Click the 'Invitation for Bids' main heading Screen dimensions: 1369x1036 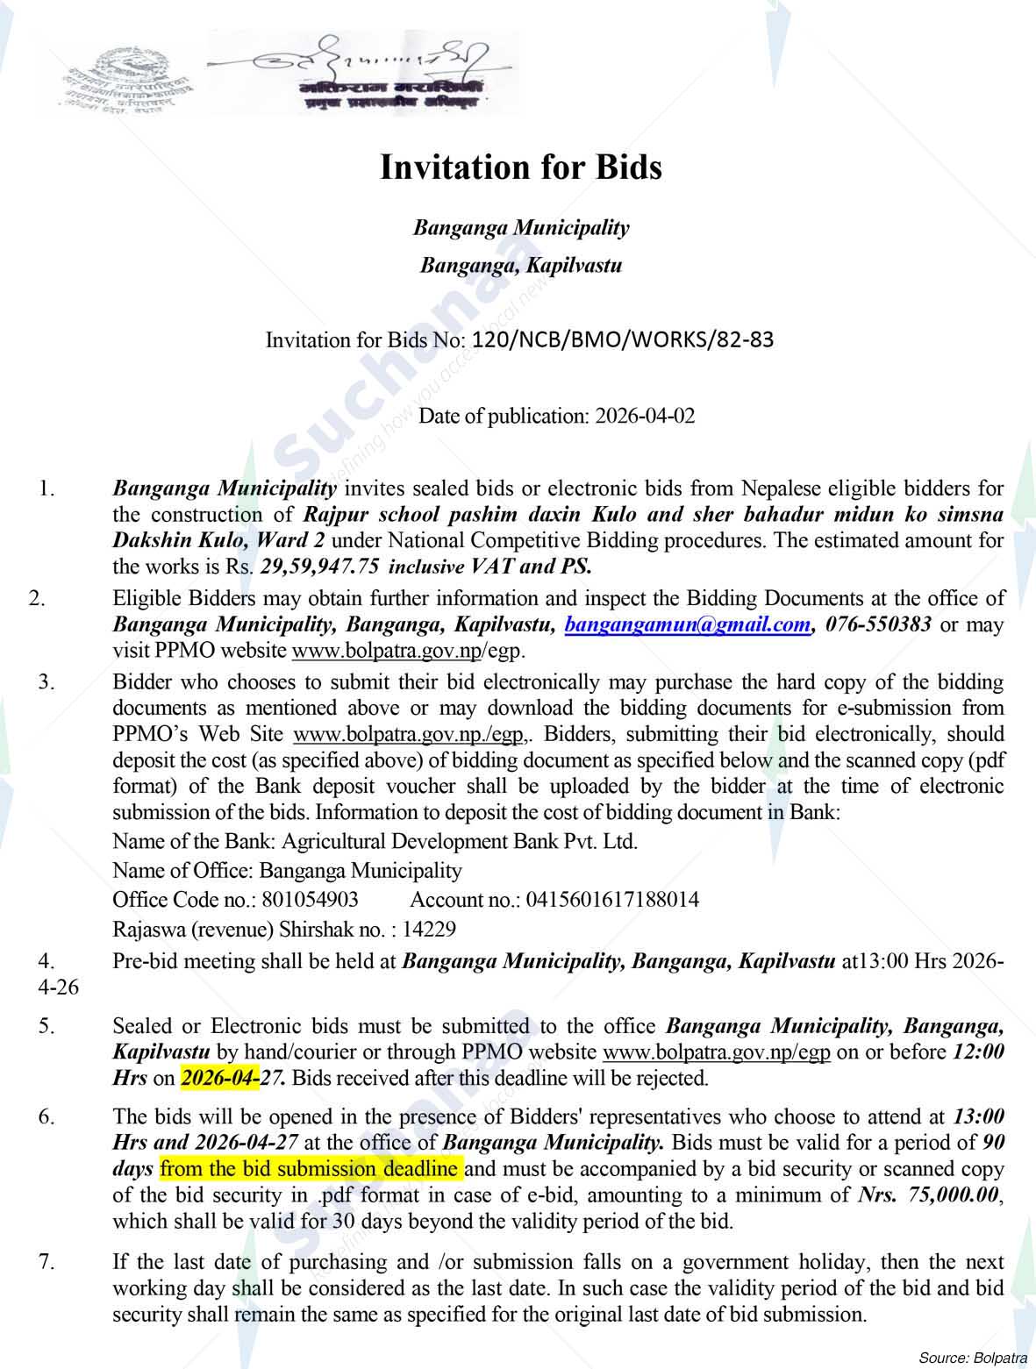(x=520, y=167)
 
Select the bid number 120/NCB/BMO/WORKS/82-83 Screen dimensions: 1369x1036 (x=623, y=339)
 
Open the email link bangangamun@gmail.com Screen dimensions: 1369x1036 (x=687, y=624)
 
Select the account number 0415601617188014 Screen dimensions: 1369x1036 (x=612, y=899)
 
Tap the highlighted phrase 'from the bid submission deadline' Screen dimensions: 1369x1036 (x=310, y=1169)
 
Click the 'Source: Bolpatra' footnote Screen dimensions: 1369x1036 (x=973, y=1358)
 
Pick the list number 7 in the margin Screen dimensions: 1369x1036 (x=46, y=1262)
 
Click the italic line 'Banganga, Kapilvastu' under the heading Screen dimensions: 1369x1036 (x=521, y=265)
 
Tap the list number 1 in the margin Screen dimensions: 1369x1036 (x=46, y=488)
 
